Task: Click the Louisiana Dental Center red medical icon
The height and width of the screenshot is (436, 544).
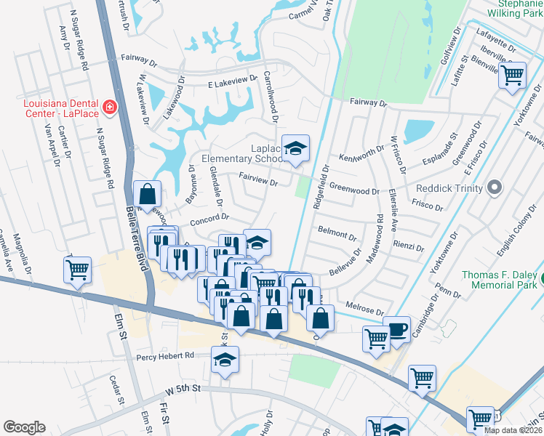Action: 110,108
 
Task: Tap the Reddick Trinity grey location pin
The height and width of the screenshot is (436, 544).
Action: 495,188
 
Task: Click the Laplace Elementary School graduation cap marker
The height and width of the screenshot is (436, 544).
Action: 295,149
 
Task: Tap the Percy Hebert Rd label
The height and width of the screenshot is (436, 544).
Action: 165,356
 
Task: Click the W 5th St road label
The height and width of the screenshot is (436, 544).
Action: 181,389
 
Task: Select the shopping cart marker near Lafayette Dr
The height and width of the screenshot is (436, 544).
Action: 512,74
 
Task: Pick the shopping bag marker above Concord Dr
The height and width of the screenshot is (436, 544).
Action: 147,195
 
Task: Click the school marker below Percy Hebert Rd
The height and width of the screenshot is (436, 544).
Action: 225,360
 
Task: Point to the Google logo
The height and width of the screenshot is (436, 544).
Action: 24,427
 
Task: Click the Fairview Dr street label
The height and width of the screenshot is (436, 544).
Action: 258,183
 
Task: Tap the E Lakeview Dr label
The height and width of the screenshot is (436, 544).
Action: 233,80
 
